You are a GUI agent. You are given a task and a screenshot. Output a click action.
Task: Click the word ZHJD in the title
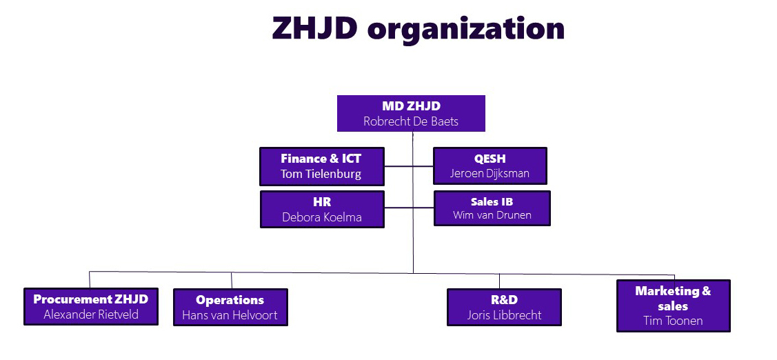click(314, 28)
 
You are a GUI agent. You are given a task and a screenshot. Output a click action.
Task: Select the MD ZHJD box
click(411, 114)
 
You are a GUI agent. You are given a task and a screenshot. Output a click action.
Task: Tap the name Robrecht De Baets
click(411, 121)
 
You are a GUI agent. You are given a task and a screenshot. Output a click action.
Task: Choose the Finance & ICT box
click(321, 167)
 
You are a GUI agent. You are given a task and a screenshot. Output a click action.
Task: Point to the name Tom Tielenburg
click(321, 174)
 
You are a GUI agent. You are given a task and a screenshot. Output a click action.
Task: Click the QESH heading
click(490, 159)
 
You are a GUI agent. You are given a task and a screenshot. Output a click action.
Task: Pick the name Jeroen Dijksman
click(490, 174)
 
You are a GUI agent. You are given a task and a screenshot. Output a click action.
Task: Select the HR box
click(322, 209)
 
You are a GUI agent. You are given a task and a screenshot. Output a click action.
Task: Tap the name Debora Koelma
click(322, 217)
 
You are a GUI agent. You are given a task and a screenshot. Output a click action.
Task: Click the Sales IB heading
click(492, 202)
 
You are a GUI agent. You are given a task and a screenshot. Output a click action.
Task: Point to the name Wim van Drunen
click(492, 215)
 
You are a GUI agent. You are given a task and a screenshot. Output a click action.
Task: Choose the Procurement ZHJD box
click(91, 306)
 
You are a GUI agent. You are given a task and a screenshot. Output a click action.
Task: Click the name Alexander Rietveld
click(91, 314)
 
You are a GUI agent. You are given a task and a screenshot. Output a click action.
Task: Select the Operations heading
click(230, 300)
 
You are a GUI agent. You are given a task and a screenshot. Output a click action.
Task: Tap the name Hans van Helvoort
click(230, 315)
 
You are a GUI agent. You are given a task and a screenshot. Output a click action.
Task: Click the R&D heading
click(504, 300)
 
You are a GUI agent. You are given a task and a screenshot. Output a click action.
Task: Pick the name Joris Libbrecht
click(504, 315)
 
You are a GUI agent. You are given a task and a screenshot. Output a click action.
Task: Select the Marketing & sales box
click(674, 306)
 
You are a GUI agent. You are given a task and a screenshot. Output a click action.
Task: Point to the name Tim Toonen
click(673, 321)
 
